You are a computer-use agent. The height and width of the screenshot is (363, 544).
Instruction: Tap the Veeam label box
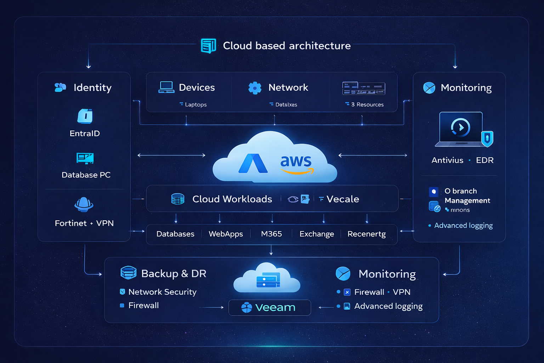pyautogui.click(x=270, y=307)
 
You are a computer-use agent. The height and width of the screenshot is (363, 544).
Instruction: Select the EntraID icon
pyautogui.click(x=85, y=116)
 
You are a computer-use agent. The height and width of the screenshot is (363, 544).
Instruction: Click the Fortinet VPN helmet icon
pyautogui.click(x=84, y=205)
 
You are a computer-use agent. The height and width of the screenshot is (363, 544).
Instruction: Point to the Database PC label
pyautogui.click(x=86, y=175)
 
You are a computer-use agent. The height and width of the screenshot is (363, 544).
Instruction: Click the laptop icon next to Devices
pyautogui.click(x=166, y=87)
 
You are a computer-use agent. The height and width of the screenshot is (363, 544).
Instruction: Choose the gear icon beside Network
pyautogui.click(x=255, y=88)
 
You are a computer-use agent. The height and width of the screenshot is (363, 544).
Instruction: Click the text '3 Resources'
pyautogui.click(x=367, y=105)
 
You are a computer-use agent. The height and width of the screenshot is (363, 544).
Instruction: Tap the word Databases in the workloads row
pyautogui.click(x=175, y=234)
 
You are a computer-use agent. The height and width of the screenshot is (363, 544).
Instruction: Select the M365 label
pyautogui.click(x=271, y=234)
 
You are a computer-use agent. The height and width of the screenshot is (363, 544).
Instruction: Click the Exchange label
pyautogui.click(x=317, y=234)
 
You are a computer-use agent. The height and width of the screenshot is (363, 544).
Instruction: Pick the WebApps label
pyautogui.click(x=226, y=234)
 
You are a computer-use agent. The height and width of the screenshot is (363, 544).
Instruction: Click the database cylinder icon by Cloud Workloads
pyautogui.click(x=178, y=199)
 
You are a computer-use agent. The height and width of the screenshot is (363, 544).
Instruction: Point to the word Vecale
pyautogui.click(x=342, y=199)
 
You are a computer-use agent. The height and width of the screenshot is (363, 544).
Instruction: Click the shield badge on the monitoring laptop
pyautogui.click(x=487, y=138)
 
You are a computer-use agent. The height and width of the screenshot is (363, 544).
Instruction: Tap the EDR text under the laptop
pyautogui.click(x=484, y=160)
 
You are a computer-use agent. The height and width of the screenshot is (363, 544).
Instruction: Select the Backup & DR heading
pyautogui.click(x=174, y=274)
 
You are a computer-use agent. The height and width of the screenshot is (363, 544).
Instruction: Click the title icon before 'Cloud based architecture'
pyautogui.click(x=208, y=46)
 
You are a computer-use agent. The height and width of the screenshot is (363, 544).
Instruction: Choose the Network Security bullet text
pyautogui.click(x=162, y=292)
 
